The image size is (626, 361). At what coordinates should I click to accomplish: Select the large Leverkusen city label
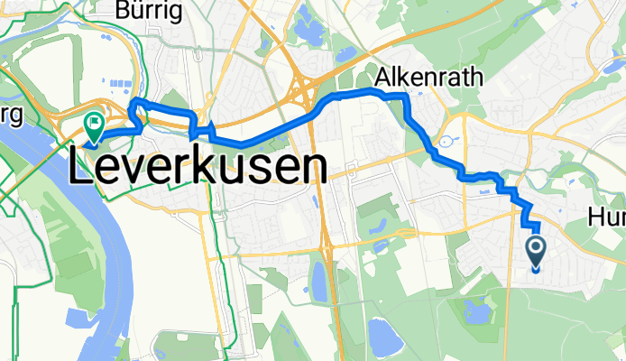click(197, 167)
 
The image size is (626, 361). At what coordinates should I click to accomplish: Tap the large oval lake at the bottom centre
click(382, 338)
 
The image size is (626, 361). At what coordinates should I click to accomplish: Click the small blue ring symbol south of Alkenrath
click(445, 142)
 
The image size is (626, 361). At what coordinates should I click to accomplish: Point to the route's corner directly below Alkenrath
click(405, 96)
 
